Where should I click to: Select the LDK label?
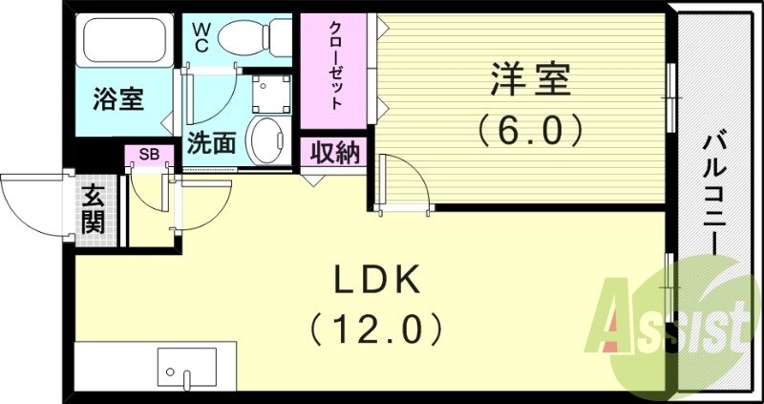(376, 282)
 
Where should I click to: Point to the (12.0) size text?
(376, 330)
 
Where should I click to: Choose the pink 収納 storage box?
(333, 152)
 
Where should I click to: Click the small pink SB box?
(149, 154)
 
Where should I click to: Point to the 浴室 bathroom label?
(118, 99)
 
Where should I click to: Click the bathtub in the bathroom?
(124, 41)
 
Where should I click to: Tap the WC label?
(202, 36)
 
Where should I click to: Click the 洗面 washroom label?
(211, 143)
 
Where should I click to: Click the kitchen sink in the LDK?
(187, 368)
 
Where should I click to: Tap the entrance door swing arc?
(33, 205)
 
